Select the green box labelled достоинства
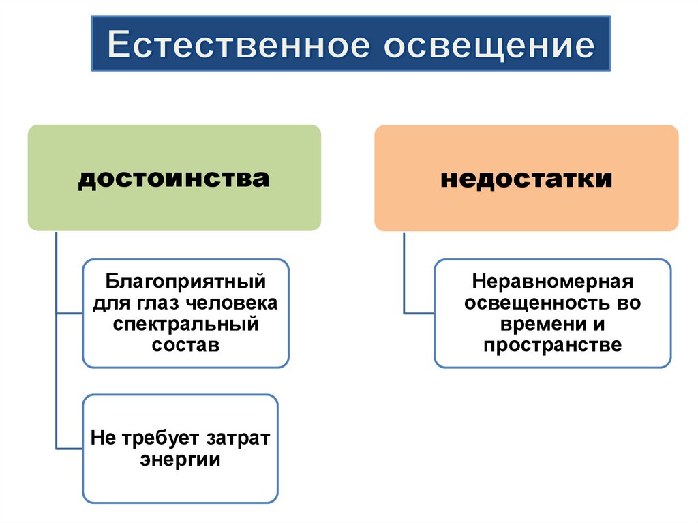[x=174, y=177]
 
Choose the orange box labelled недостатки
[x=526, y=177]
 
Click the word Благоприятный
[x=185, y=281]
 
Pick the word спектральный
[x=185, y=323]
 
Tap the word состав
[x=185, y=344]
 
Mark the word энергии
[x=181, y=459]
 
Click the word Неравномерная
[x=553, y=281]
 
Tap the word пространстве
[x=553, y=344]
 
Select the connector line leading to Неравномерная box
[x=419, y=313]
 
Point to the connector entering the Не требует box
[x=69, y=448]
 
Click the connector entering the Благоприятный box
[x=69, y=313]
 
